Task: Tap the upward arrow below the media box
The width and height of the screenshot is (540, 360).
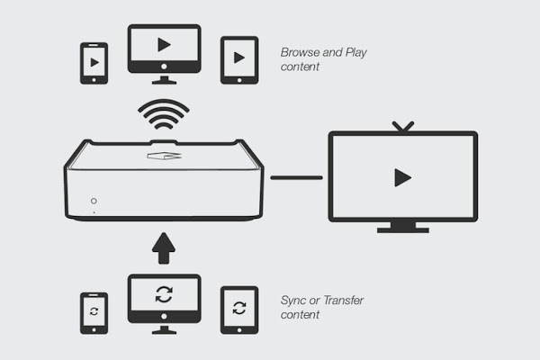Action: (164, 248)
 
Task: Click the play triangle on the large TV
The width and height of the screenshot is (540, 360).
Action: (402, 177)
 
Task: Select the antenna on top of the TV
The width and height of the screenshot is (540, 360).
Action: (403, 127)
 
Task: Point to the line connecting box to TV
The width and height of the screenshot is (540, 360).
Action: (296, 178)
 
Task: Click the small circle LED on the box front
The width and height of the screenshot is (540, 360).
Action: (94, 201)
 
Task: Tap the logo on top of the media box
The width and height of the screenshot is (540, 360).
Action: (165, 156)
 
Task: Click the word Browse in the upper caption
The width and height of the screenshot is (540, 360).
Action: (300, 52)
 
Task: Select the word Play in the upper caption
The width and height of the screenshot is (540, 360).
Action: (356, 53)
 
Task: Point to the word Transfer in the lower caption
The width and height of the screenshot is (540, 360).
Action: (344, 301)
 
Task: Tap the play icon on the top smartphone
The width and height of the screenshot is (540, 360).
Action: (94, 62)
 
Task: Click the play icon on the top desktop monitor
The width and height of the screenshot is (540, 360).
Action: (165, 45)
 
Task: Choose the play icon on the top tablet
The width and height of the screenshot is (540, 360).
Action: (239, 58)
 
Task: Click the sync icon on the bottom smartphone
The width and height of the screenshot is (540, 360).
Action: (94, 311)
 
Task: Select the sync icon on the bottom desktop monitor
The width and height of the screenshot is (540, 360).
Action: (164, 294)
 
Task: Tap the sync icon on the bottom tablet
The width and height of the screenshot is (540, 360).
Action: (239, 308)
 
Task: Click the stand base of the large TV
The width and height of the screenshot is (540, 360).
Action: (403, 230)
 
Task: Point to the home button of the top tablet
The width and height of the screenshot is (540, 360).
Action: (239, 80)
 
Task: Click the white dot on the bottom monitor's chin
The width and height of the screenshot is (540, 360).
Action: (164, 316)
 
